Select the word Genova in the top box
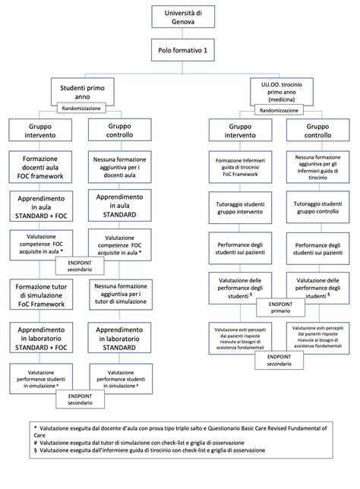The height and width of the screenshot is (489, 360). (180, 22)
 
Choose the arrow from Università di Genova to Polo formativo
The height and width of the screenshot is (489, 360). (180, 34)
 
